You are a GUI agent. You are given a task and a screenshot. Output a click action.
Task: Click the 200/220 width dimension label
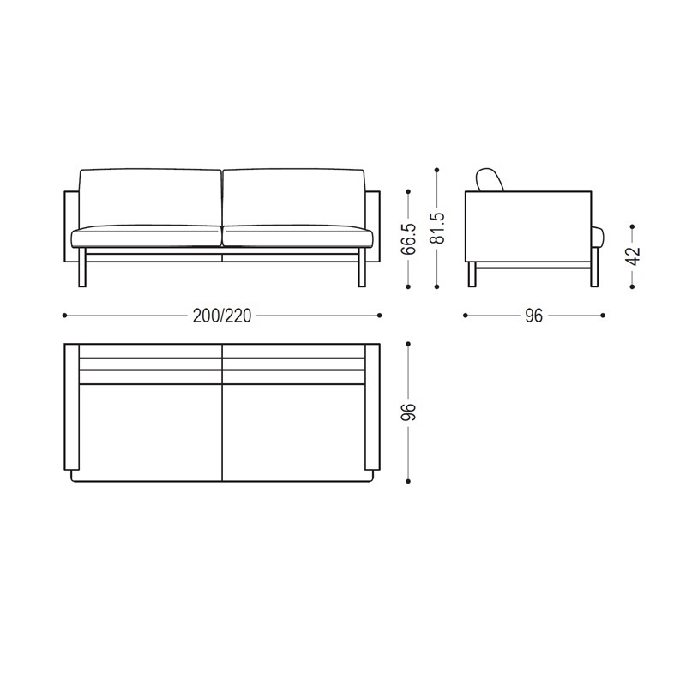point(222,316)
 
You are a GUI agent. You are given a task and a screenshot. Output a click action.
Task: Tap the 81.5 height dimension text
point(436,228)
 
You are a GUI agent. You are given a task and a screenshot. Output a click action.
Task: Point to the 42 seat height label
point(633,256)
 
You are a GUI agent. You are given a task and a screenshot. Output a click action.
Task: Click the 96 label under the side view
point(533,316)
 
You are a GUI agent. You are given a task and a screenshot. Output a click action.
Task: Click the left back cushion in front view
point(150,196)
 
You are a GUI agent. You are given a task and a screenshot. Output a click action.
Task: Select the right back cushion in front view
point(294,196)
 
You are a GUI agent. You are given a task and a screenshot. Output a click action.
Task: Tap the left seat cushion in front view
point(147,237)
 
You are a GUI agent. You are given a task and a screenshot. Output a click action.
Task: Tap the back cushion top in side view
point(490,178)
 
